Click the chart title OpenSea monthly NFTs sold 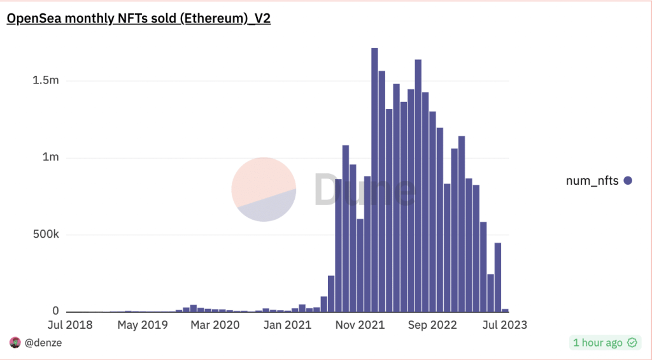(x=139, y=18)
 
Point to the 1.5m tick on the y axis (x=46, y=81)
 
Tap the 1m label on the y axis (x=51, y=158)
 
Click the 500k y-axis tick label (x=46, y=234)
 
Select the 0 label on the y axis (x=55, y=312)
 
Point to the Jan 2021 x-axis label (x=287, y=325)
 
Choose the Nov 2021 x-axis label (x=360, y=325)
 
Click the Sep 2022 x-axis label (x=433, y=325)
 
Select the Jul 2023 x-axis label (x=504, y=325)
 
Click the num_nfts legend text (x=592, y=181)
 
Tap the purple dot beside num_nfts (x=628, y=181)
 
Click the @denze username (x=43, y=343)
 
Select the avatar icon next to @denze (x=15, y=343)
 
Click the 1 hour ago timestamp (x=597, y=343)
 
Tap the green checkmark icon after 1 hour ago (x=632, y=343)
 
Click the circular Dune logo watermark (x=264, y=189)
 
